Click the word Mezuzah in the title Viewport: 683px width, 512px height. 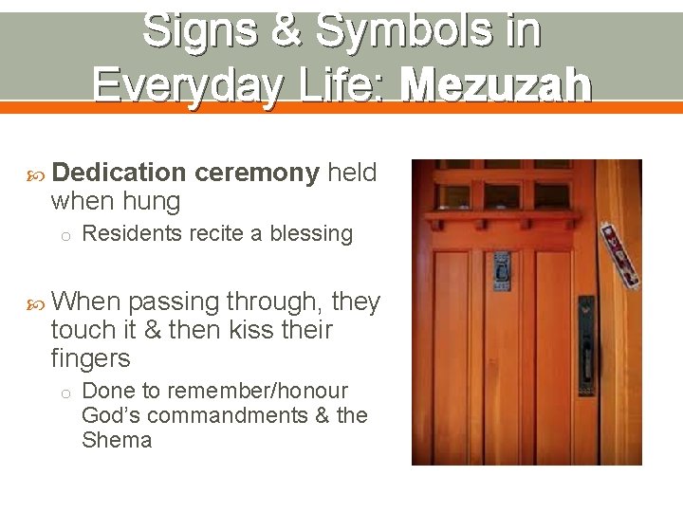(496, 86)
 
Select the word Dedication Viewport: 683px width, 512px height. (120, 173)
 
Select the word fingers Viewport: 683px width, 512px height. (90, 358)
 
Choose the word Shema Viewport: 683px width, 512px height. (117, 440)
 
